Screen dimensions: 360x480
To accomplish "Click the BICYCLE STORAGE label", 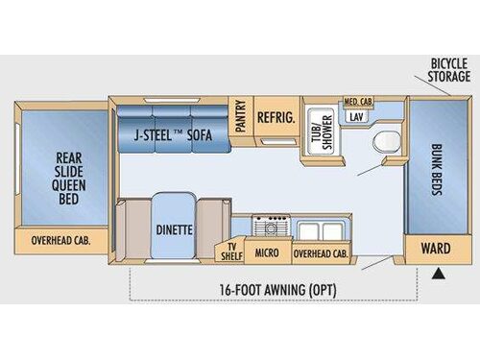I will pyautogui.click(x=447, y=72).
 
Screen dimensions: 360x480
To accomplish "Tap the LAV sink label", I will pyautogui.click(x=357, y=116).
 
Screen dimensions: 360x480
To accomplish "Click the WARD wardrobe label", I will pyautogui.click(x=435, y=249).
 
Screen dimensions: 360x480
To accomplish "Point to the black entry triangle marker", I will pyautogui.click(x=439, y=275).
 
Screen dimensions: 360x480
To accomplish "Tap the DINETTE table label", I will pyautogui.click(x=174, y=229).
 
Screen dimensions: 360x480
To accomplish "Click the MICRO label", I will pyautogui.click(x=268, y=252).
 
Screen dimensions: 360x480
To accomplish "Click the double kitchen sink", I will pyautogui.click(x=316, y=228).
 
